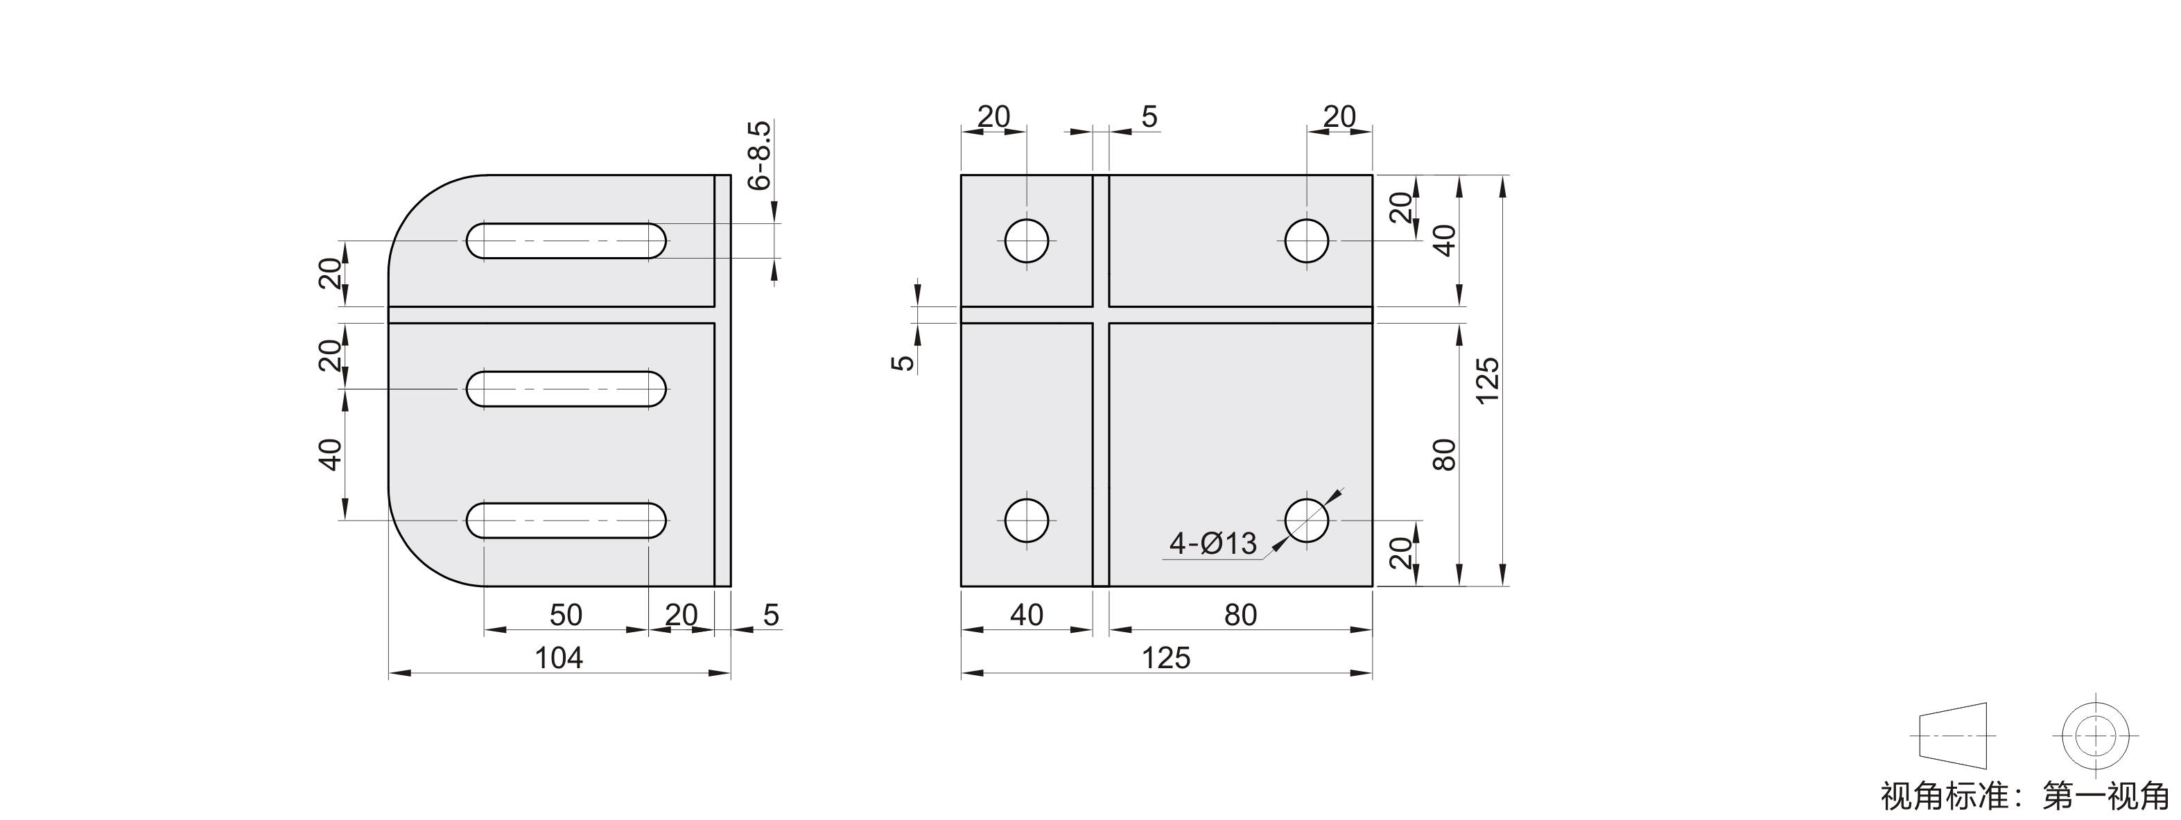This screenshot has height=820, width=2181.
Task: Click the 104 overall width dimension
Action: coord(559,658)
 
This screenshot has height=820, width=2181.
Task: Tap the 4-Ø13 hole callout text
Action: coord(1213,543)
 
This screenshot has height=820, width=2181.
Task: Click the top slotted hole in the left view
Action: coord(566,241)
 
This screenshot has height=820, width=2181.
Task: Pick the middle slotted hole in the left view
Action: coord(566,390)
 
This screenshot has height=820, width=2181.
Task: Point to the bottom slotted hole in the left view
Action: coord(566,521)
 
